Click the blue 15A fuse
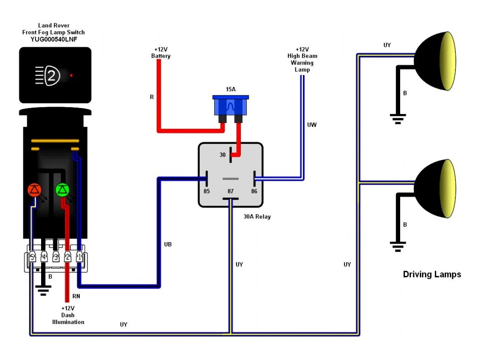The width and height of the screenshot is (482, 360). [231, 106]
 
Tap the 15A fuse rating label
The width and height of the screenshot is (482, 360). [231, 89]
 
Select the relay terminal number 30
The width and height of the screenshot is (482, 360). [223, 155]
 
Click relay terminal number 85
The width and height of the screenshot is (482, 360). [206, 191]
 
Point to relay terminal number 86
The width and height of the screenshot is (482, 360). [254, 191]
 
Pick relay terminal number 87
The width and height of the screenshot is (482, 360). [231, 191]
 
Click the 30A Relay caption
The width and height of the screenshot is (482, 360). [257, 217]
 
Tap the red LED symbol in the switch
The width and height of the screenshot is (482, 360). [34, 190]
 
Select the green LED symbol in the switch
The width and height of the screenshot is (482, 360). [62, 190]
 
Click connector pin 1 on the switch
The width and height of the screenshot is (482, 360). [79, 257]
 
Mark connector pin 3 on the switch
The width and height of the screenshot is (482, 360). [56, 257]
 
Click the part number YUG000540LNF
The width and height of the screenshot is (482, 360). [53, 39]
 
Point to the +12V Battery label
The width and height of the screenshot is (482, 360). [161, 53]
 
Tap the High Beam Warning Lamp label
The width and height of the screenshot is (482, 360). [302, 59]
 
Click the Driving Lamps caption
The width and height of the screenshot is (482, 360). [432, 274]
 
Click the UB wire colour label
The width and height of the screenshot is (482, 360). [168, 244]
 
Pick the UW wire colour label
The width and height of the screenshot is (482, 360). [312, 125]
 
